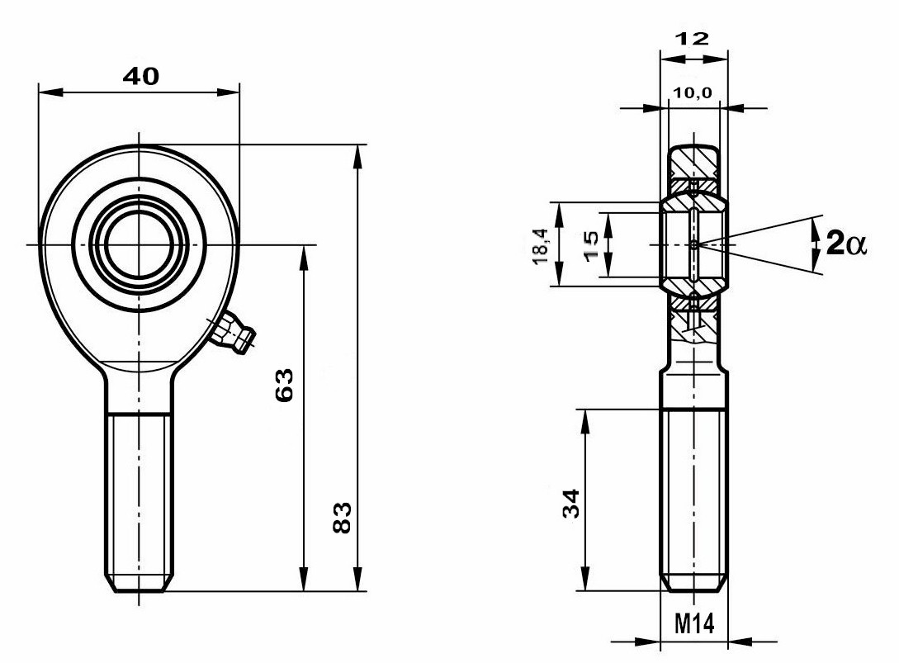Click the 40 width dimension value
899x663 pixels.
(x=140, y=77)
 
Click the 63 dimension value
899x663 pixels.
(x=284, y=385)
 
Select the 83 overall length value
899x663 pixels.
(x=343, y=517)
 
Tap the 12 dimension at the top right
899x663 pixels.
(x=693, y=40)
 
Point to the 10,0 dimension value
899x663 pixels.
(x=693, y=93)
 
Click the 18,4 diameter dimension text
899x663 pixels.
(x=540, y=245)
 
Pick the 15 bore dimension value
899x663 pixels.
(x=590, y=245)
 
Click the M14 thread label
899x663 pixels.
(x=694, y=623)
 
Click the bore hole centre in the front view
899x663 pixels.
(x=139, y=244)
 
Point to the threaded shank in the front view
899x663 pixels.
(x=140, y=495)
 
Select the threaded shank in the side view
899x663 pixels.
(x=693, y=495)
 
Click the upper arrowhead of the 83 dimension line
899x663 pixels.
(x=358, y=154)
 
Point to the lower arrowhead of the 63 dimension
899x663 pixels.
(x=305, y=582)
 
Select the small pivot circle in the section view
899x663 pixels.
(x=694, y=244)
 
